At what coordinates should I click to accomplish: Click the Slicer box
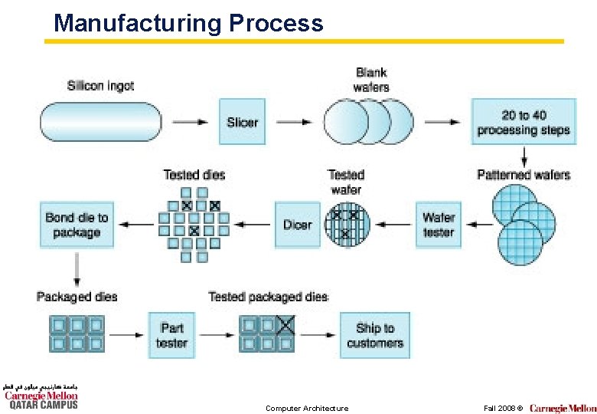[242, 122]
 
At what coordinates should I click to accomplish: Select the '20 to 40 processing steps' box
[524, 122]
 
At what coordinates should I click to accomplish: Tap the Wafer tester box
[439, 225]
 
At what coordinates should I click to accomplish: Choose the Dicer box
[297, 225]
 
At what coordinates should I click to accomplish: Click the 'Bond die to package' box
[77, 225]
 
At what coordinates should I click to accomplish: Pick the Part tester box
[171, 335]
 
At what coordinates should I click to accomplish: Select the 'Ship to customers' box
[374, 335]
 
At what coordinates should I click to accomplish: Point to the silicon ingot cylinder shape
[100, 122]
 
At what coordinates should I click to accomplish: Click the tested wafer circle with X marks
[347, 225]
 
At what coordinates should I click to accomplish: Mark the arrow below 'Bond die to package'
[77, 266]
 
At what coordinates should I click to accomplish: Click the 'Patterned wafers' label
[524, 175]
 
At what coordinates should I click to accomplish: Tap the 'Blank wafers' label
[371, 80]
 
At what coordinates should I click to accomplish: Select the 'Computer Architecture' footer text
[307, 408]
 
